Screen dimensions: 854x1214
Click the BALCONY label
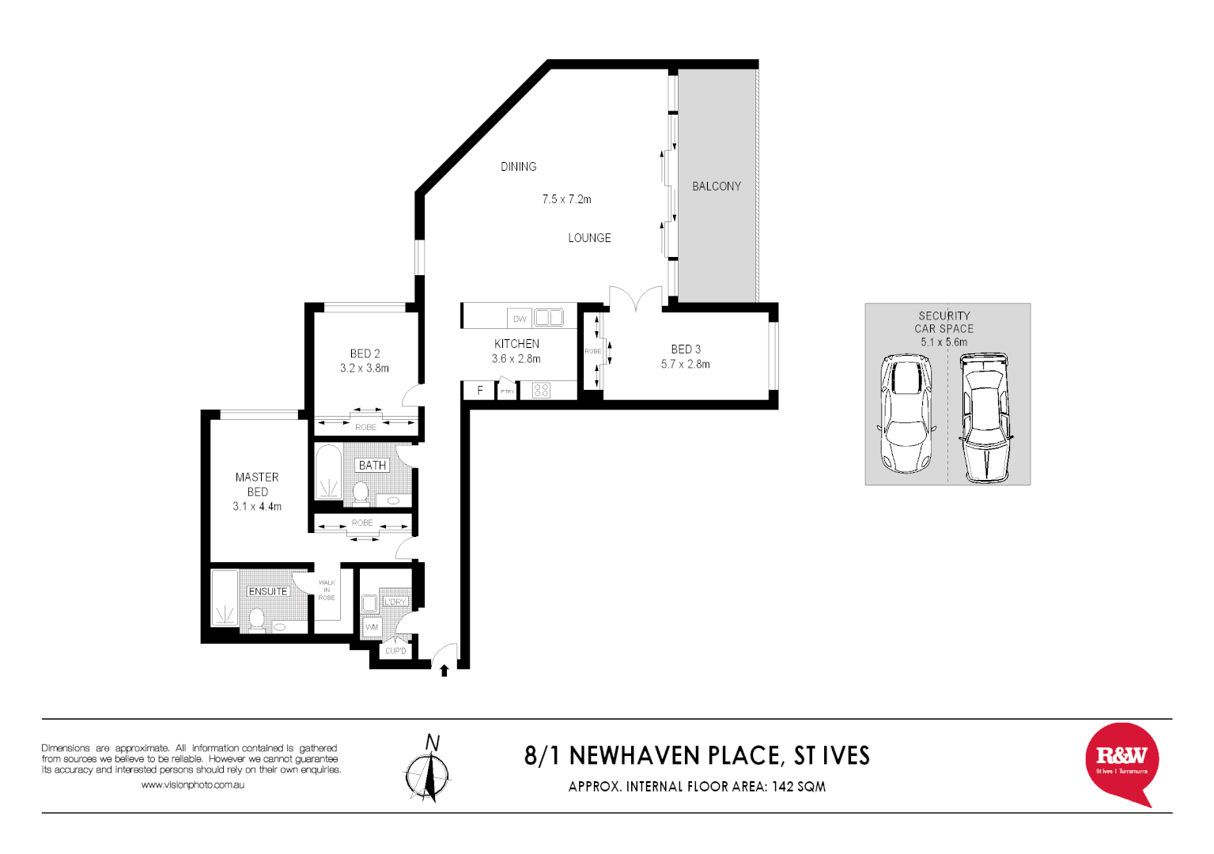tap(717, 187)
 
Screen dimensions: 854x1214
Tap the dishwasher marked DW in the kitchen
tap(520, 319)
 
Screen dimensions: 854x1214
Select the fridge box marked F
tap(479, 391)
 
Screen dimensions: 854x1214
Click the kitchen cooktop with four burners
tap(541, 390)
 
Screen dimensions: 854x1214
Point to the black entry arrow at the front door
tap(444, 671)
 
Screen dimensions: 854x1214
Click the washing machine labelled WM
tap(372, 628)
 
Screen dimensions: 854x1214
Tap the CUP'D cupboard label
tap(395, 652)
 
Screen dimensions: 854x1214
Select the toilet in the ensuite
tap(256, 619)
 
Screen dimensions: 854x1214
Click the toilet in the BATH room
tap(361, 492)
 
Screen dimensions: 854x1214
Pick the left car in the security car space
tap(906, 413)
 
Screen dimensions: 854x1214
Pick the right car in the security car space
tap(985, 418)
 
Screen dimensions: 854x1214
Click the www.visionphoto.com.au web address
tap(192, 785)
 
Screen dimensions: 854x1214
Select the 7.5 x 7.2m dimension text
tap(566, 199)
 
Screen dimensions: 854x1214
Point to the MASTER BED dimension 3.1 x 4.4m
tap(257, 506)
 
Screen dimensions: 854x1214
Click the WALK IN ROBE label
tap(327, 590)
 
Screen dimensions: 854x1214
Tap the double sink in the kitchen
tap(548, 318)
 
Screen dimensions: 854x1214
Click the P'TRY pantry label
tap(507, 391)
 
